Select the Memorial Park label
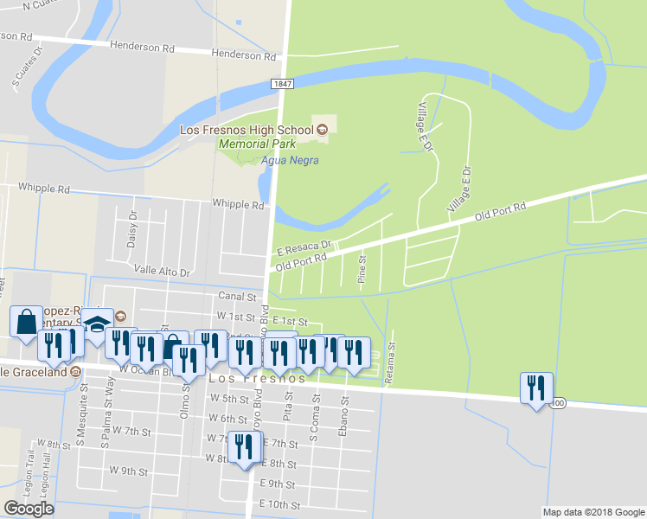[x=257, y=144]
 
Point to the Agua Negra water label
[x=290, y=160]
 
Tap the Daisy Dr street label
[x=132, y=230]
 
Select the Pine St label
[x=362, y=269]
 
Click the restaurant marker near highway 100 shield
[x=536, y=388]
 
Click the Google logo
[x=29, y=509]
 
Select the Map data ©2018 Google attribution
[x=593, y=512]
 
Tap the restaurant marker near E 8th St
[x=245, y=448]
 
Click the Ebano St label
[x=343, y=415]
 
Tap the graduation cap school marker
[x=98, y=325]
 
